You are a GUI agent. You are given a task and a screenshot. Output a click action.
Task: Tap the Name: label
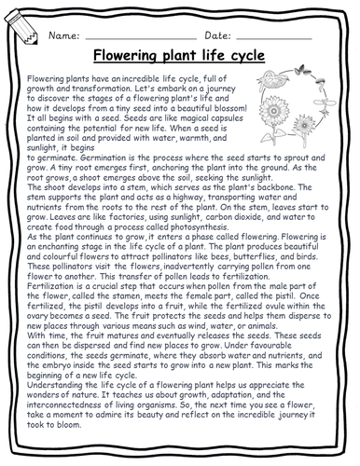coord(66,34)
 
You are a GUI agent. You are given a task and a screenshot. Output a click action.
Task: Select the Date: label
coord(209,34)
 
